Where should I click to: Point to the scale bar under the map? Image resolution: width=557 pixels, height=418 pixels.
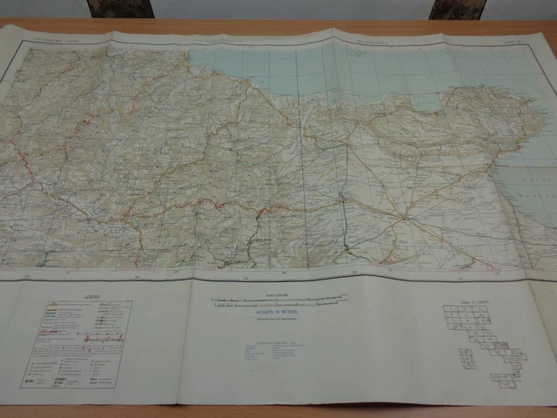click(x=279, y=301)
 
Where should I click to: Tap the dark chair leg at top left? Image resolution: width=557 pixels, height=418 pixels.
click(x=119, y=9)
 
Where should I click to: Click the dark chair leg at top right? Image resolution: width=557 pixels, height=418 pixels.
click(x=457, y=9)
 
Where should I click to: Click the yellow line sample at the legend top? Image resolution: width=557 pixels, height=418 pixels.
click(x=51, y=306)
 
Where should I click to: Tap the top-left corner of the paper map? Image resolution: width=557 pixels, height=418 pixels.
click(x=5, y=27)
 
